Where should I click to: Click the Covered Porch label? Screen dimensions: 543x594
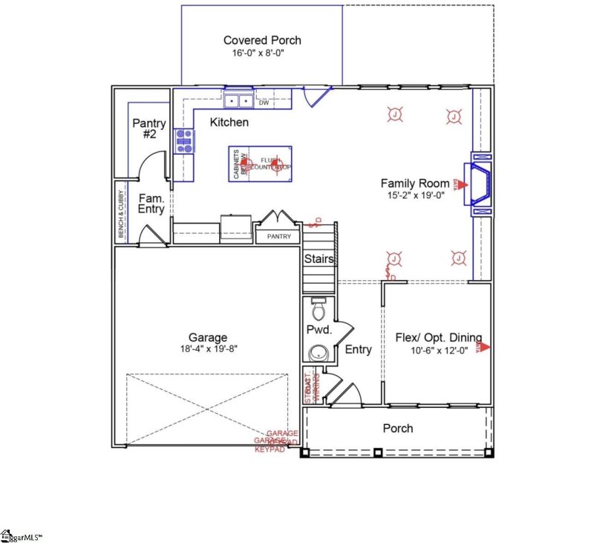pyautogui.click(x=262, y=40)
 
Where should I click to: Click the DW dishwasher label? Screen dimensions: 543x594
pyautogui.click(x=264, y=103)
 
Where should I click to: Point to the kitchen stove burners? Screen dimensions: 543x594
pyautogui.click(x=183, y=140)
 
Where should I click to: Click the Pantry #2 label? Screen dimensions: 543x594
pyautogui.click(x=148, y=129)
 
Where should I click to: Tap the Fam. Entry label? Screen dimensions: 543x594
pyautogui.click(x=151, y=204)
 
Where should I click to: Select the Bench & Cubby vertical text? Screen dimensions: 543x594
pyautogui.click(x=120, y=215)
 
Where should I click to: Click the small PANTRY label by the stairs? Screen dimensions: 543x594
pyautogui.click(x=278, y=237)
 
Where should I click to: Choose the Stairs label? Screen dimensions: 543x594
pyautogui.click(x=319, y=259)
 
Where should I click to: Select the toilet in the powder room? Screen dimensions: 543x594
pyautogui.click(x=319, y=308)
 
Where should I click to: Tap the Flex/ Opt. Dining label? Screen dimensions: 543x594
pyautogui.click(x=438, y=336)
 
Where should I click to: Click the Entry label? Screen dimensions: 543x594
pyautogui.click(x=359, y=350)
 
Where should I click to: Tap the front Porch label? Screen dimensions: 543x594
pyautogui.click(x=397, y=428)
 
